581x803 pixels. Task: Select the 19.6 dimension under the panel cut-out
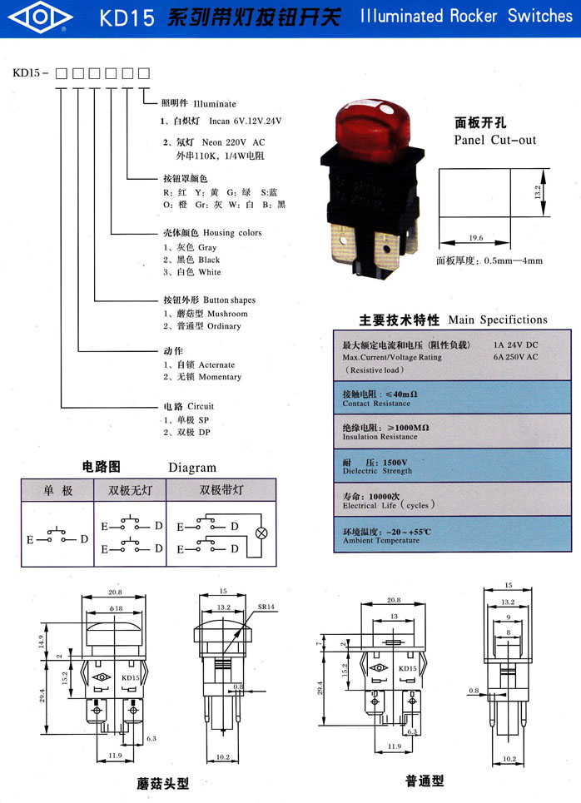tap(475, 239)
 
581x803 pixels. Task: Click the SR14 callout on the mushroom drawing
tap(266, 607)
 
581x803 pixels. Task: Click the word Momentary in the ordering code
tap(220, 377)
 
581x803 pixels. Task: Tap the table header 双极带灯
tap(221, 490)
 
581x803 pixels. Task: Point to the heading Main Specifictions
tap(498, 320)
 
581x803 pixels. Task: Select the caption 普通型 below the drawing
tap(425, 781)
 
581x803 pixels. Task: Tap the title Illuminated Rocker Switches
tap(466, 16)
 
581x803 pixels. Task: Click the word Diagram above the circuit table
tap(192, 468)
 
